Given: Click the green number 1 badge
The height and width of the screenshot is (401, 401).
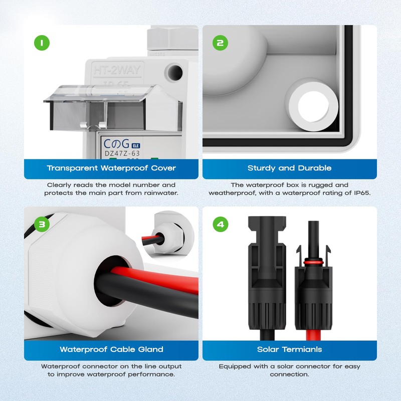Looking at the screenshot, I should click(x=43, y=43).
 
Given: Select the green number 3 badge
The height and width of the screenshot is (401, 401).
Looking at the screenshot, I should click(x=43, y=224).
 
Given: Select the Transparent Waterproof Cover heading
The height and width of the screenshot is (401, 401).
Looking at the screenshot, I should click(x=111, y=168).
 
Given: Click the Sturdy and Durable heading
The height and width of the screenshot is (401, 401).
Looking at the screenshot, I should click(x=289, y=168).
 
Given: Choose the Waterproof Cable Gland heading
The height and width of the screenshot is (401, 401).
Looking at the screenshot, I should click(x=111, y=349).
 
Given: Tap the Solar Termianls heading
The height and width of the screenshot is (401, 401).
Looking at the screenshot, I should click(x=289, y=349).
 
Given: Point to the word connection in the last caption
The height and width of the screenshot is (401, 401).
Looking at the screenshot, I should click(x=289, y=374).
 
